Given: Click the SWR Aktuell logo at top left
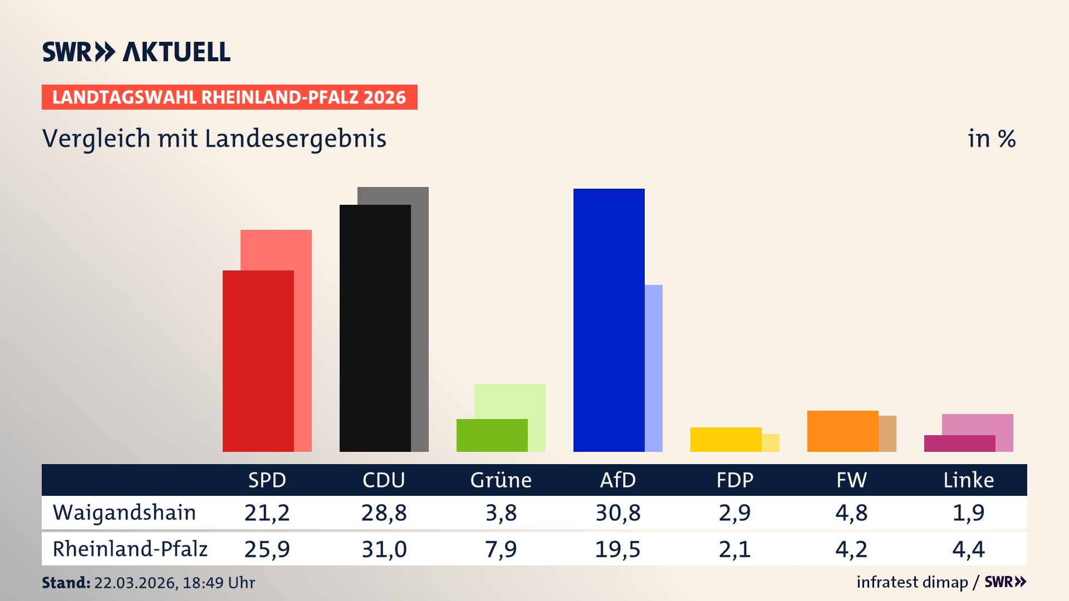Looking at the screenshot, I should click(x=136, y=52).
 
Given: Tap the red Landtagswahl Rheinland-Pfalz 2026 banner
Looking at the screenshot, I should click(x=229, y=97).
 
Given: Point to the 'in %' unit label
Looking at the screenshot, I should click(x=991, y=139).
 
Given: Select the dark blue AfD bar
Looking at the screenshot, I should click(x=609, y=320).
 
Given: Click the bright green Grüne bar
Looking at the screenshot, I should click(x=492, y=435).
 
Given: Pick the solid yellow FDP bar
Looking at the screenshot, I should click(x=725, y=440).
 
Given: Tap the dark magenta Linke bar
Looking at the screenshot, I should click(x=959, y=444).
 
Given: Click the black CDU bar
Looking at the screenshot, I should click(x=375, y=328).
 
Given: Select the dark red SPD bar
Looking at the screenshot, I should click(x=258, y=361).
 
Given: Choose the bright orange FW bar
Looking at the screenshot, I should click(x=842, y=431).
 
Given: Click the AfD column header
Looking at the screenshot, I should click(x=617, y=480).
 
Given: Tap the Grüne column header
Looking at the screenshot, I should click(x=501, y=480).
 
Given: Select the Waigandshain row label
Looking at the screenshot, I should click(x=124, y=513).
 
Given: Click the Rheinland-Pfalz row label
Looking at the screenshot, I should click(x=130, y=549).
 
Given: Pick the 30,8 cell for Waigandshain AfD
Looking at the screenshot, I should click(x=617, y=513).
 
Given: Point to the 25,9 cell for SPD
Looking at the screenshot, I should click(x=267, y=549).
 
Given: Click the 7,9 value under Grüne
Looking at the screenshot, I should click(x=501, y=549).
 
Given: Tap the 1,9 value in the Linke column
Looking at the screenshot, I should click(x=968, y=513).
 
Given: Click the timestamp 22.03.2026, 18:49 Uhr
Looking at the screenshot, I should click(x=174, y=583).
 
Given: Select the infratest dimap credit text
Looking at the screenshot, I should click(x=911, y=582).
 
